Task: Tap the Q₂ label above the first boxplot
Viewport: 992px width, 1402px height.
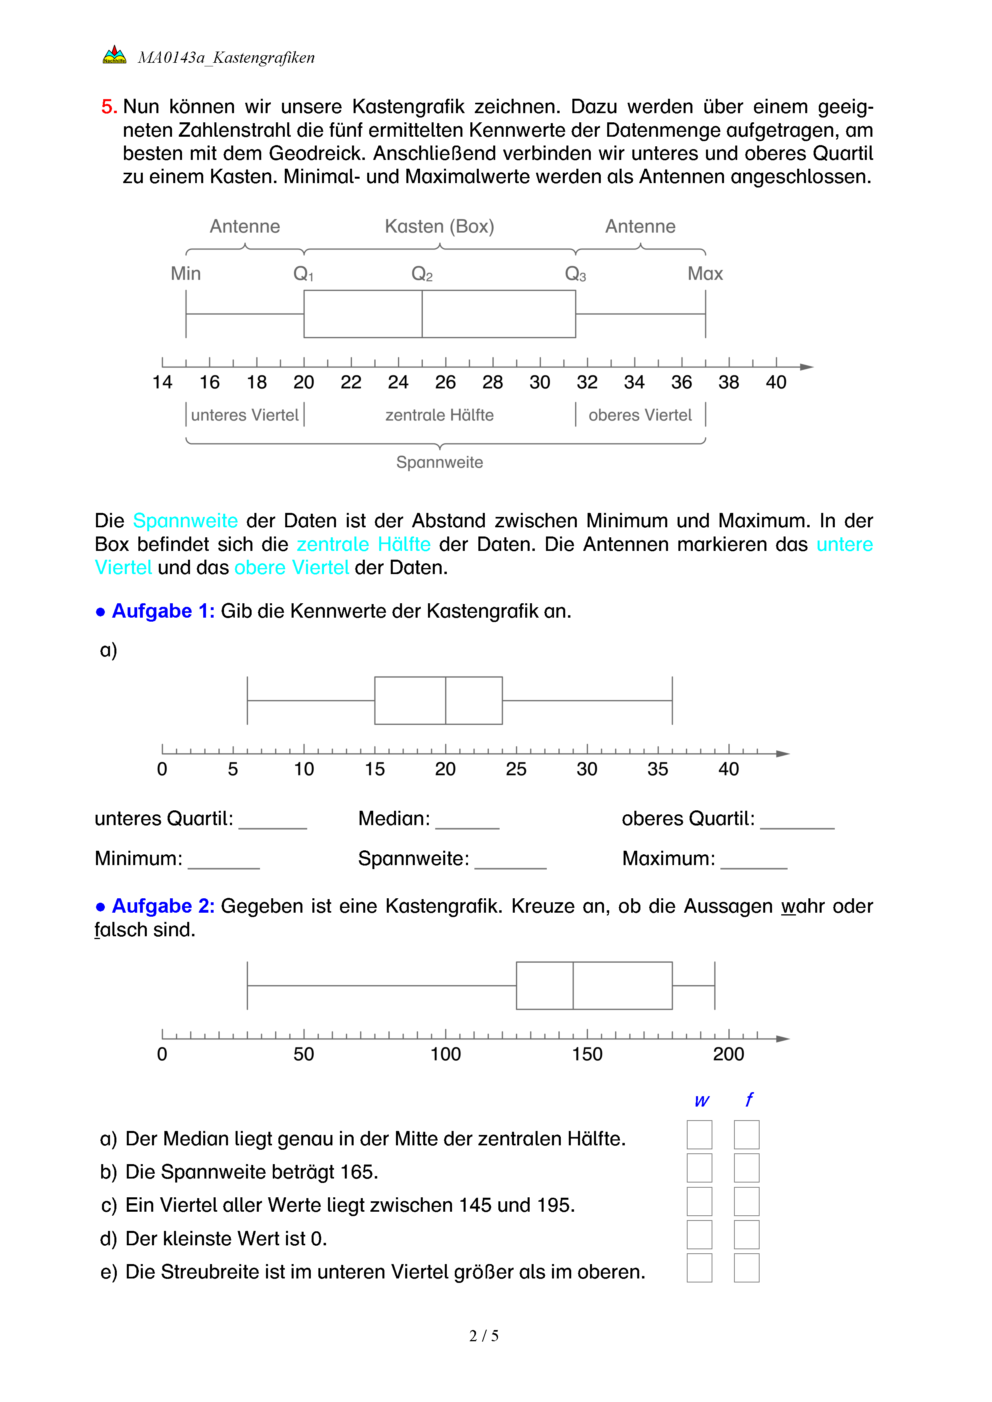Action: pyautogui.click(x=422, y=273)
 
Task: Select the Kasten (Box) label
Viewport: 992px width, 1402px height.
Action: pyautogui.click(x=439, y=227)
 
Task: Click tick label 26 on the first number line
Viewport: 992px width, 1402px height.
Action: pyautogui.click(x=445, y=382)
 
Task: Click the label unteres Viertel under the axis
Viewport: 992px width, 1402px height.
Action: pyautogui.click(x=244, y=415)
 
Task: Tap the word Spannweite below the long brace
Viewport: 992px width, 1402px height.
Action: pyautogui.click(x=439, y=462)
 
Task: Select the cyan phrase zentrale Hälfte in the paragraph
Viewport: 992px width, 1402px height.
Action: pyautogui.click(x=364, y=544)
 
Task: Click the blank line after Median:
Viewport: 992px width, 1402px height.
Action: pyautogui.click(x=467, y=821)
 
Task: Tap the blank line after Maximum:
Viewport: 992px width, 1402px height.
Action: pyautogui.click(x=754, y=861)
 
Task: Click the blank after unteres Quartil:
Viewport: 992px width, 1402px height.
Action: pyautogui.click(x=272, y=821)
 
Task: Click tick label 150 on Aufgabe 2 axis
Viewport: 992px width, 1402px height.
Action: pyautogui.click(x=587, y=1054)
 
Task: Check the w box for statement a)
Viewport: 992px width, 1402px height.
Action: pyautogui.click(x=700, y=1135)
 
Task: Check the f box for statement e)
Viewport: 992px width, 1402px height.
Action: pyautogui.click(x=746, y=1268)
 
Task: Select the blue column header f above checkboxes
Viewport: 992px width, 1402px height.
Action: pyautogui.click(x=749, y=1100)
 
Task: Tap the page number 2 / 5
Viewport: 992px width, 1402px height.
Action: pyautogui.click(x=484, y=1336)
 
